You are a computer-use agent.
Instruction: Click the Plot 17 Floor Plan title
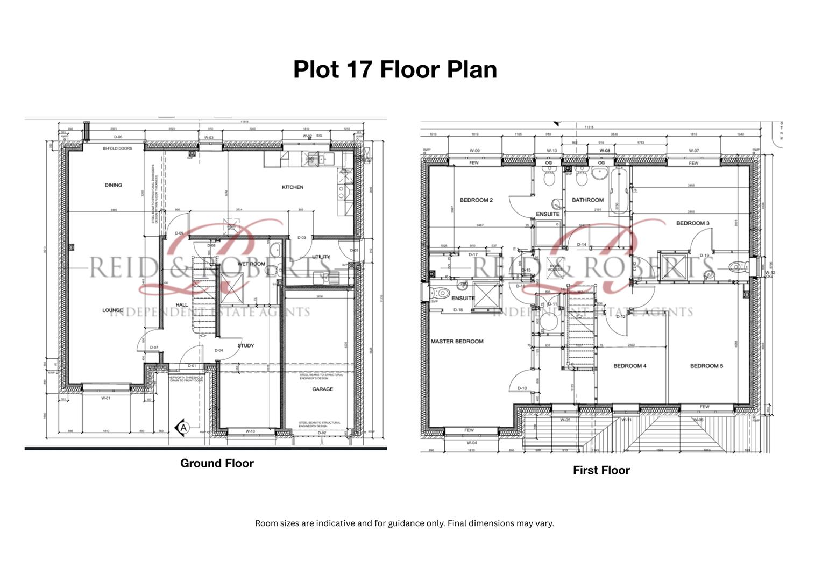(395, 69)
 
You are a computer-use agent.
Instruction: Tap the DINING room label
(114, 185)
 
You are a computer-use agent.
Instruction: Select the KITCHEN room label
(293, 187)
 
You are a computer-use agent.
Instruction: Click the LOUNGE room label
(112, 310)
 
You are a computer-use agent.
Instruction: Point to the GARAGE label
(322, 389)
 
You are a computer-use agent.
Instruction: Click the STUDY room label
(245, 345)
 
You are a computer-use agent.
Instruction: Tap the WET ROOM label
(251, 264)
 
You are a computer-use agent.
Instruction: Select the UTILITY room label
(321, 257)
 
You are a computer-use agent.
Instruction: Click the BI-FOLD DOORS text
(117, 148)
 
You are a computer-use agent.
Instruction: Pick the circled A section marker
(183, 428)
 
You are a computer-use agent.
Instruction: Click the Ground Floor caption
(217, 463)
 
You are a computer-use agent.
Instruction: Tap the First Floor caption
(601, 470)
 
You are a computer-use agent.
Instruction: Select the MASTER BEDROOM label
(457, 341)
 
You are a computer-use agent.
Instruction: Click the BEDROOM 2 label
(476, 200)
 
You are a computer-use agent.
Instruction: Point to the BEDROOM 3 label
(692, 223)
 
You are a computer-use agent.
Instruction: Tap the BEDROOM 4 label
(630, 366)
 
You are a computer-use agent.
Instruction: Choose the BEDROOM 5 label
(706, 366)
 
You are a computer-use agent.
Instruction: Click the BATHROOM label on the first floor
(587, 200)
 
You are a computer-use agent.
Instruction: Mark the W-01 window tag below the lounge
(105, 399)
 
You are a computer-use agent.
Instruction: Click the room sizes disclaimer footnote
(404, 523)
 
